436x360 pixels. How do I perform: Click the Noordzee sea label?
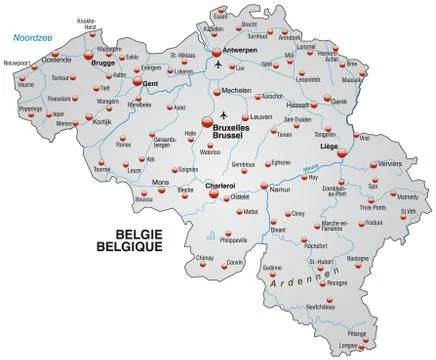[31, 39]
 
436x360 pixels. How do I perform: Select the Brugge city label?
[103, 62]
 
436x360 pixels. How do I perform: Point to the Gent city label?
[152, 82]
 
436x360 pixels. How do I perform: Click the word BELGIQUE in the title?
[135, 245]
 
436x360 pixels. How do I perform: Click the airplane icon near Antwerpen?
[219, 66]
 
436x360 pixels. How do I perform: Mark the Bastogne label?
[357, 257]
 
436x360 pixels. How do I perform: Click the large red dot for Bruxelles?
[209, 122]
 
